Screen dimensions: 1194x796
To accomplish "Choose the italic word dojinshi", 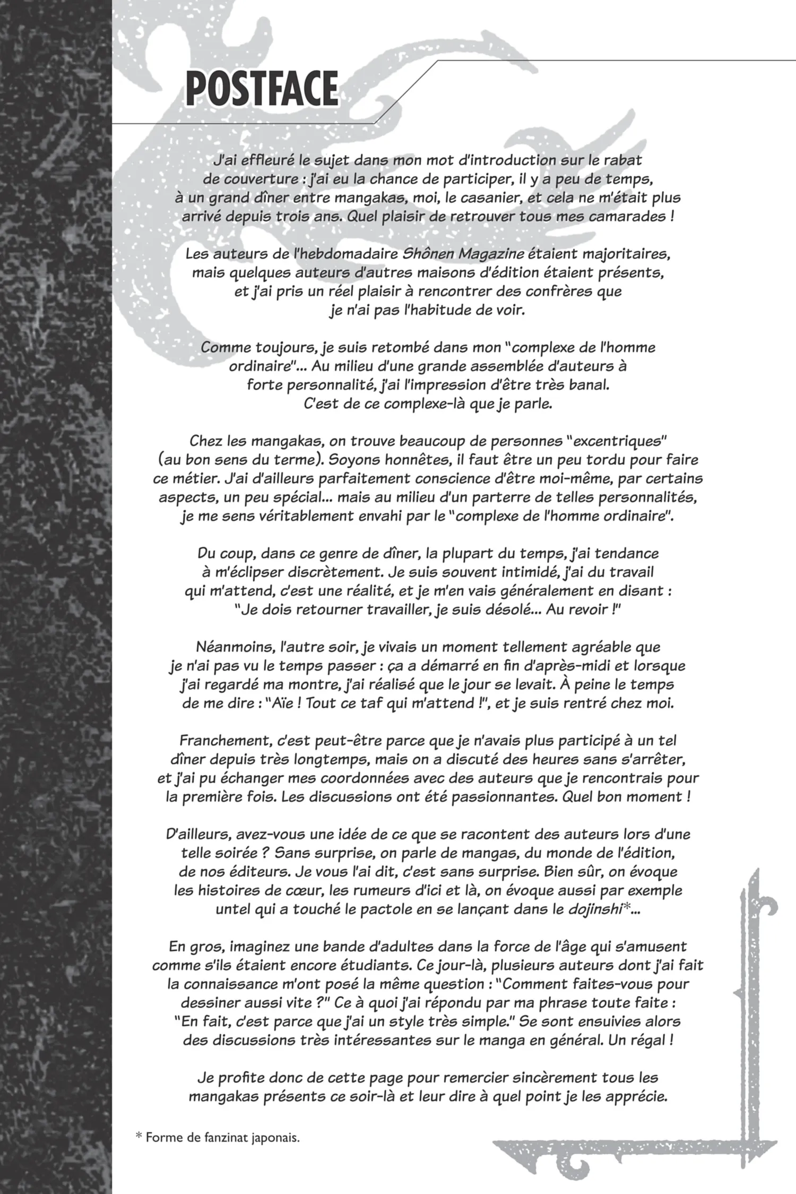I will tap(594, 909).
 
